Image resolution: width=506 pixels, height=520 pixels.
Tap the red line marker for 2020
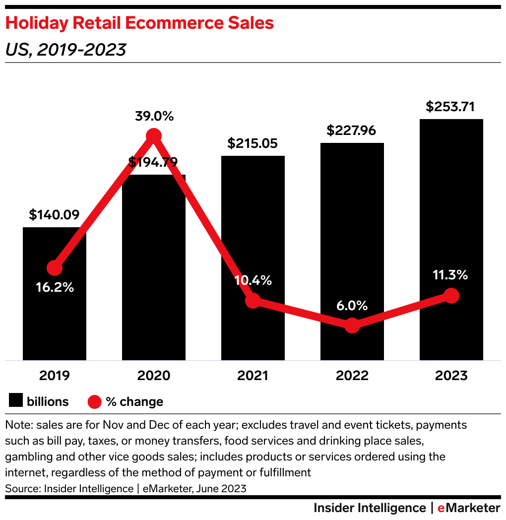pyautogui.click(x=154, y=135)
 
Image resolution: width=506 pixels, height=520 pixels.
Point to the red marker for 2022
pyautogui.click(x=352, y=325)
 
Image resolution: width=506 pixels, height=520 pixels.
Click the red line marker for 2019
pyautogui.click(x=55, y=268)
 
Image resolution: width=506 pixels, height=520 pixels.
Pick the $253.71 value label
pyautogui.click(x=451, y=107)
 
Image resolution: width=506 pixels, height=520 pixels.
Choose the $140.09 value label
pyautogui.click(x=54, y=215)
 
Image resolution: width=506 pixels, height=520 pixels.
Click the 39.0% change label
pyautogui.click(x=154, y=117)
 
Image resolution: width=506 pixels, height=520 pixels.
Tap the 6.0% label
pyautogui.click(x=352, y=306)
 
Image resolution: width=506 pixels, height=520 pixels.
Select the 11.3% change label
pyautogui.click(x=451, y=275)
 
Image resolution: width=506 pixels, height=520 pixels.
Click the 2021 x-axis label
pyautogui.click(x=253, y=376)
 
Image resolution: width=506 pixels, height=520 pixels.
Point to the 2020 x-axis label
pyautogui.click(x=154, y=376)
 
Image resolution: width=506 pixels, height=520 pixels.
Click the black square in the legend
pyautogui.click(x=16, y=401)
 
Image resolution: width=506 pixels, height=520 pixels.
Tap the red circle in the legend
pyautogui.click(x=95, y=401)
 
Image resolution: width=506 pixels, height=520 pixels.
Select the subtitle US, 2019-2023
pyautogui.click(x=65, y=50)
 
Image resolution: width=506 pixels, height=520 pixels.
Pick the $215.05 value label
pyautogui.click(x=253, y=143)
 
